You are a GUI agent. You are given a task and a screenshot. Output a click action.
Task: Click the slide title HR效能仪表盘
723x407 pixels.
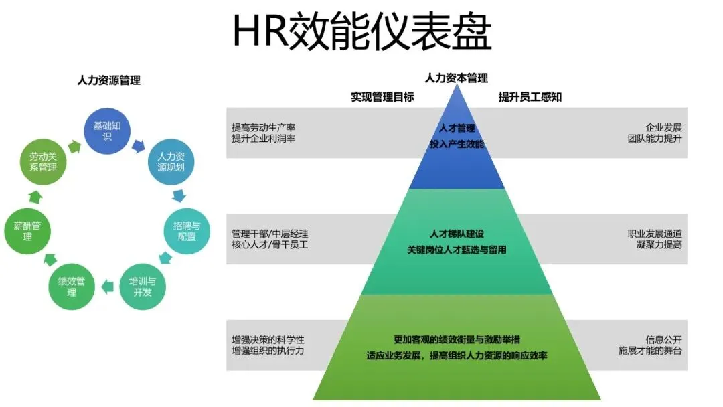[x=361, y=32]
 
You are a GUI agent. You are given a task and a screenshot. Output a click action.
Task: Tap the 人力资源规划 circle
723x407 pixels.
[x=170, y=163]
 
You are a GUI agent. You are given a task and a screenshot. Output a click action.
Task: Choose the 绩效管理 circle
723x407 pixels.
[x=72, y=287]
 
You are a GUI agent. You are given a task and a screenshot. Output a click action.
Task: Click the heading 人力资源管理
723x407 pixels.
[x=109, y=80]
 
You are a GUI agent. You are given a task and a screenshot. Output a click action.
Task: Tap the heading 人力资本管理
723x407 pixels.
[x=457, y=78]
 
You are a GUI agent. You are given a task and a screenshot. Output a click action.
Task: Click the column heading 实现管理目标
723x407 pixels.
[x=383, y=97]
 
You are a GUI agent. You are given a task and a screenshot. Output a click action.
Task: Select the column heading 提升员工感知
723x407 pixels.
[x=530, y=97]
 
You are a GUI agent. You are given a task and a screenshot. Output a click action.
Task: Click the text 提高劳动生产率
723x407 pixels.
[x=264, y=127]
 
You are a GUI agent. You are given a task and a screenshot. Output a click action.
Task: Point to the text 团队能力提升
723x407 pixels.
[x=654, y=139]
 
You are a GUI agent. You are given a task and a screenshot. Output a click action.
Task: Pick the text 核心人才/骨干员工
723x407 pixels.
[x=270, y=245]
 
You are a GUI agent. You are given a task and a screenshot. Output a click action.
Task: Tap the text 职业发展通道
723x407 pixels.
[x=654, y=234]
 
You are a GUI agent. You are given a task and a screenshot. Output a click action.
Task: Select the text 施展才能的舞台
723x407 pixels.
[x=649, y=351]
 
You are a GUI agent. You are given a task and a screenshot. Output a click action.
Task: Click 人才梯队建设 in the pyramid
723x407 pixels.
[x=457, y=234]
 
